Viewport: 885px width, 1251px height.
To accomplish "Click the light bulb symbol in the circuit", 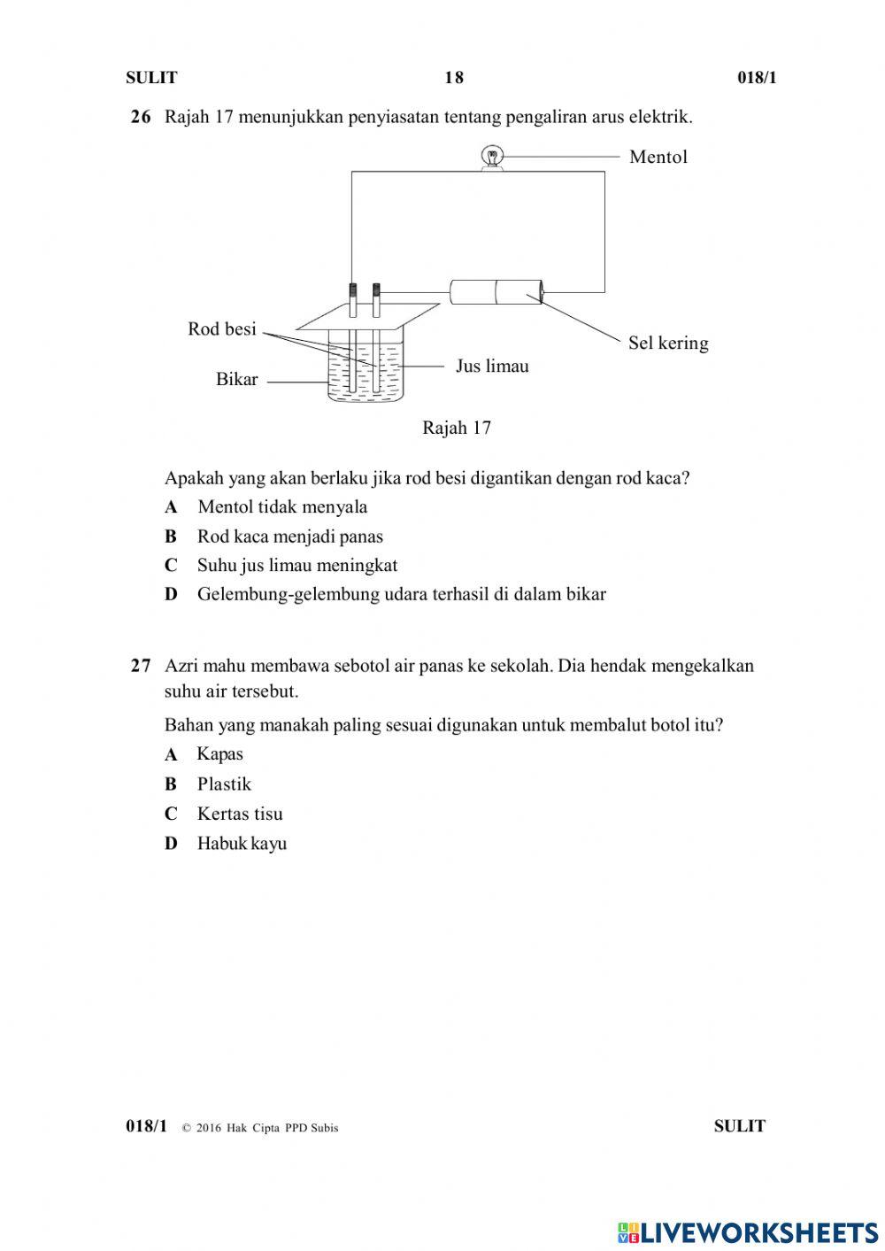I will [x=491, y=158].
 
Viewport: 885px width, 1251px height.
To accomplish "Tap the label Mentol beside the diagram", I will [x=658, y=157].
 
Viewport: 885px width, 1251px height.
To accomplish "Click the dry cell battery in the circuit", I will [x=496, y=291].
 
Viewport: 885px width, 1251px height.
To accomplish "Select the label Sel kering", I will [x=668, y=343].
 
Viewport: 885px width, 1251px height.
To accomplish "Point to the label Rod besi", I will [x=221, y=329].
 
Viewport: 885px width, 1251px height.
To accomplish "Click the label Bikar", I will [x=236, y=379].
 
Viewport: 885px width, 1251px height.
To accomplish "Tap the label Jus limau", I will [x=492, y=366].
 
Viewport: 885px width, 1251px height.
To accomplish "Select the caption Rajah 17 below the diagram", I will [x=456, y=428].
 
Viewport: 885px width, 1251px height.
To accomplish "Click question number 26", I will [x=141, y=117].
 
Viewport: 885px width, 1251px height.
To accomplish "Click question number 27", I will [x=141, y=666].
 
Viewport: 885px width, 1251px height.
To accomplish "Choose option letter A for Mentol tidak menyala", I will [x=171, y=507].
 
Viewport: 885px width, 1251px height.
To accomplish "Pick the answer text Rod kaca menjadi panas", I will [x=289, y=537].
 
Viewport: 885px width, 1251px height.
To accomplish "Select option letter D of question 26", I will [x=171, y=594].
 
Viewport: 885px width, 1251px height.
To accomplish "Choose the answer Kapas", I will [x=219, y=754].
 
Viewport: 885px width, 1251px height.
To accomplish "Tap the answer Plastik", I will [x=224, y=784].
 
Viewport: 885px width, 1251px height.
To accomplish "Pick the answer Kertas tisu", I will [x=240, y=814].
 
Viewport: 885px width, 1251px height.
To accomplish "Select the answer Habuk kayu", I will [x=242, y=844].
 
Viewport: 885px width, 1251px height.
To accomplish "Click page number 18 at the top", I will [x=453, y=78].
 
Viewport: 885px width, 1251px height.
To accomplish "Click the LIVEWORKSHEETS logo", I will [x=748, y=1232].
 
